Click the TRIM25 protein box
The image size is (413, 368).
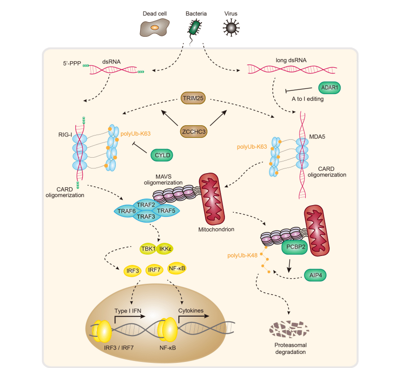click(194, 99)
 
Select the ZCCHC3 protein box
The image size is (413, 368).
click(194, 132)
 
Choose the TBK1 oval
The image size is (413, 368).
click(148, 248)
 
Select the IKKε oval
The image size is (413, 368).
click(166, 248)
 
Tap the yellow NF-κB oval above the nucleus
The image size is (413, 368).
click(177, 268)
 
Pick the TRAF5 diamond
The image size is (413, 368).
click(166, 211)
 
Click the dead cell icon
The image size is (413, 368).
click(154, 28)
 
